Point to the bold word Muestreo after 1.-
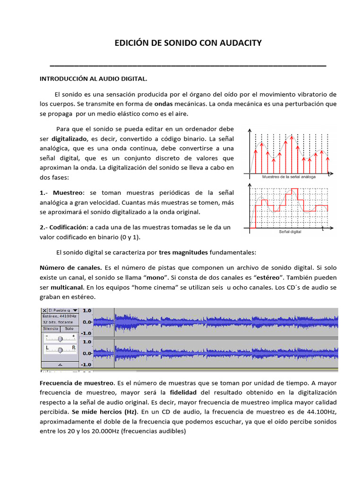[x=68, y=192]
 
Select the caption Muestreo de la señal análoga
[x=289, y=177]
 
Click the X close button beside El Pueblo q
[x=44, y=310]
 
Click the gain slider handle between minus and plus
[x=60, y=339]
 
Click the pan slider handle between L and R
[x=60, y=350]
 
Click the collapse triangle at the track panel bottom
[x=60, y=365]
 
